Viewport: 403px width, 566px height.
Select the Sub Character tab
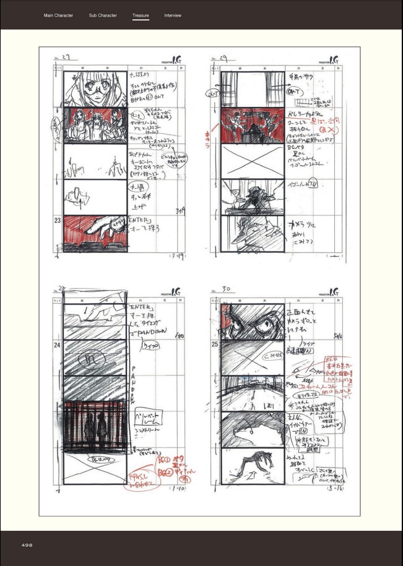[x=103, y=15]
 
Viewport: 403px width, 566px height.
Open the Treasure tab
[x=141, y=15]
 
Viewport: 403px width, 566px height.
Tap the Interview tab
[x=173, y=15]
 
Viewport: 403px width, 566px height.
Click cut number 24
[x=57, y=345]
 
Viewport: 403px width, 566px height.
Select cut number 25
[x=214, y=343]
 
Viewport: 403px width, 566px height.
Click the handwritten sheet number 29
[x=223, y=56]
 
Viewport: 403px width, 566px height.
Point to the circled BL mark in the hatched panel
[x=94, y=357]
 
